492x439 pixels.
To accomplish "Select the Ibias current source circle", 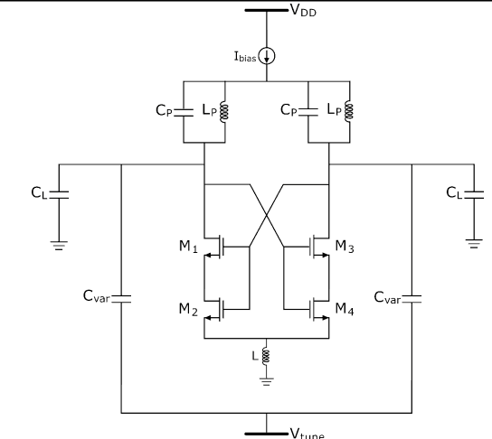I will click(268, 56).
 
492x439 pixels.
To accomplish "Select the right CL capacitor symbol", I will click(472, 193).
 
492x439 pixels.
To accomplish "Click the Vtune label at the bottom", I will click(307, 432).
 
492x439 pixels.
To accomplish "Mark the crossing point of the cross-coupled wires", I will click(268, 207).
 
